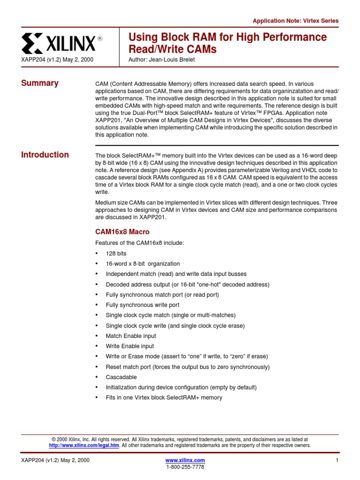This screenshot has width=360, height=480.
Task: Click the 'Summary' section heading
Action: pos(40,83)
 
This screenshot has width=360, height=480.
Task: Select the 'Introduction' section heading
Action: pos(45,155)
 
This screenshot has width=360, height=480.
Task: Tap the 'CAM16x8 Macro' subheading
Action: pos(122,232)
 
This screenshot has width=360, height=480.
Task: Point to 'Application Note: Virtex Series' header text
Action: pos(295,21)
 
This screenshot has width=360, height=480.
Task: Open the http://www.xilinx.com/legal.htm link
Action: pos(84,445)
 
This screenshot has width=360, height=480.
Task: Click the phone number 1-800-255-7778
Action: pos(185,467)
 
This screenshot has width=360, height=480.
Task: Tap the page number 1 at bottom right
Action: pos(337,460)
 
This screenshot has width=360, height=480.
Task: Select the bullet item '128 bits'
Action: pos(116,254)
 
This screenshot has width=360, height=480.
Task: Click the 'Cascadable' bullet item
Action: pos(121,377)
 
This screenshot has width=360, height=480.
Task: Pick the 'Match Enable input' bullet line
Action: pos(131,336)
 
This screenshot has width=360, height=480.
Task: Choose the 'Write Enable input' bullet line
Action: pos(129,346)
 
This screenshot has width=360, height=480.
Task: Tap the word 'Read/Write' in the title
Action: pos(152,49)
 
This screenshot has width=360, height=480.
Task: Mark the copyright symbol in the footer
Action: pos(53,440)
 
